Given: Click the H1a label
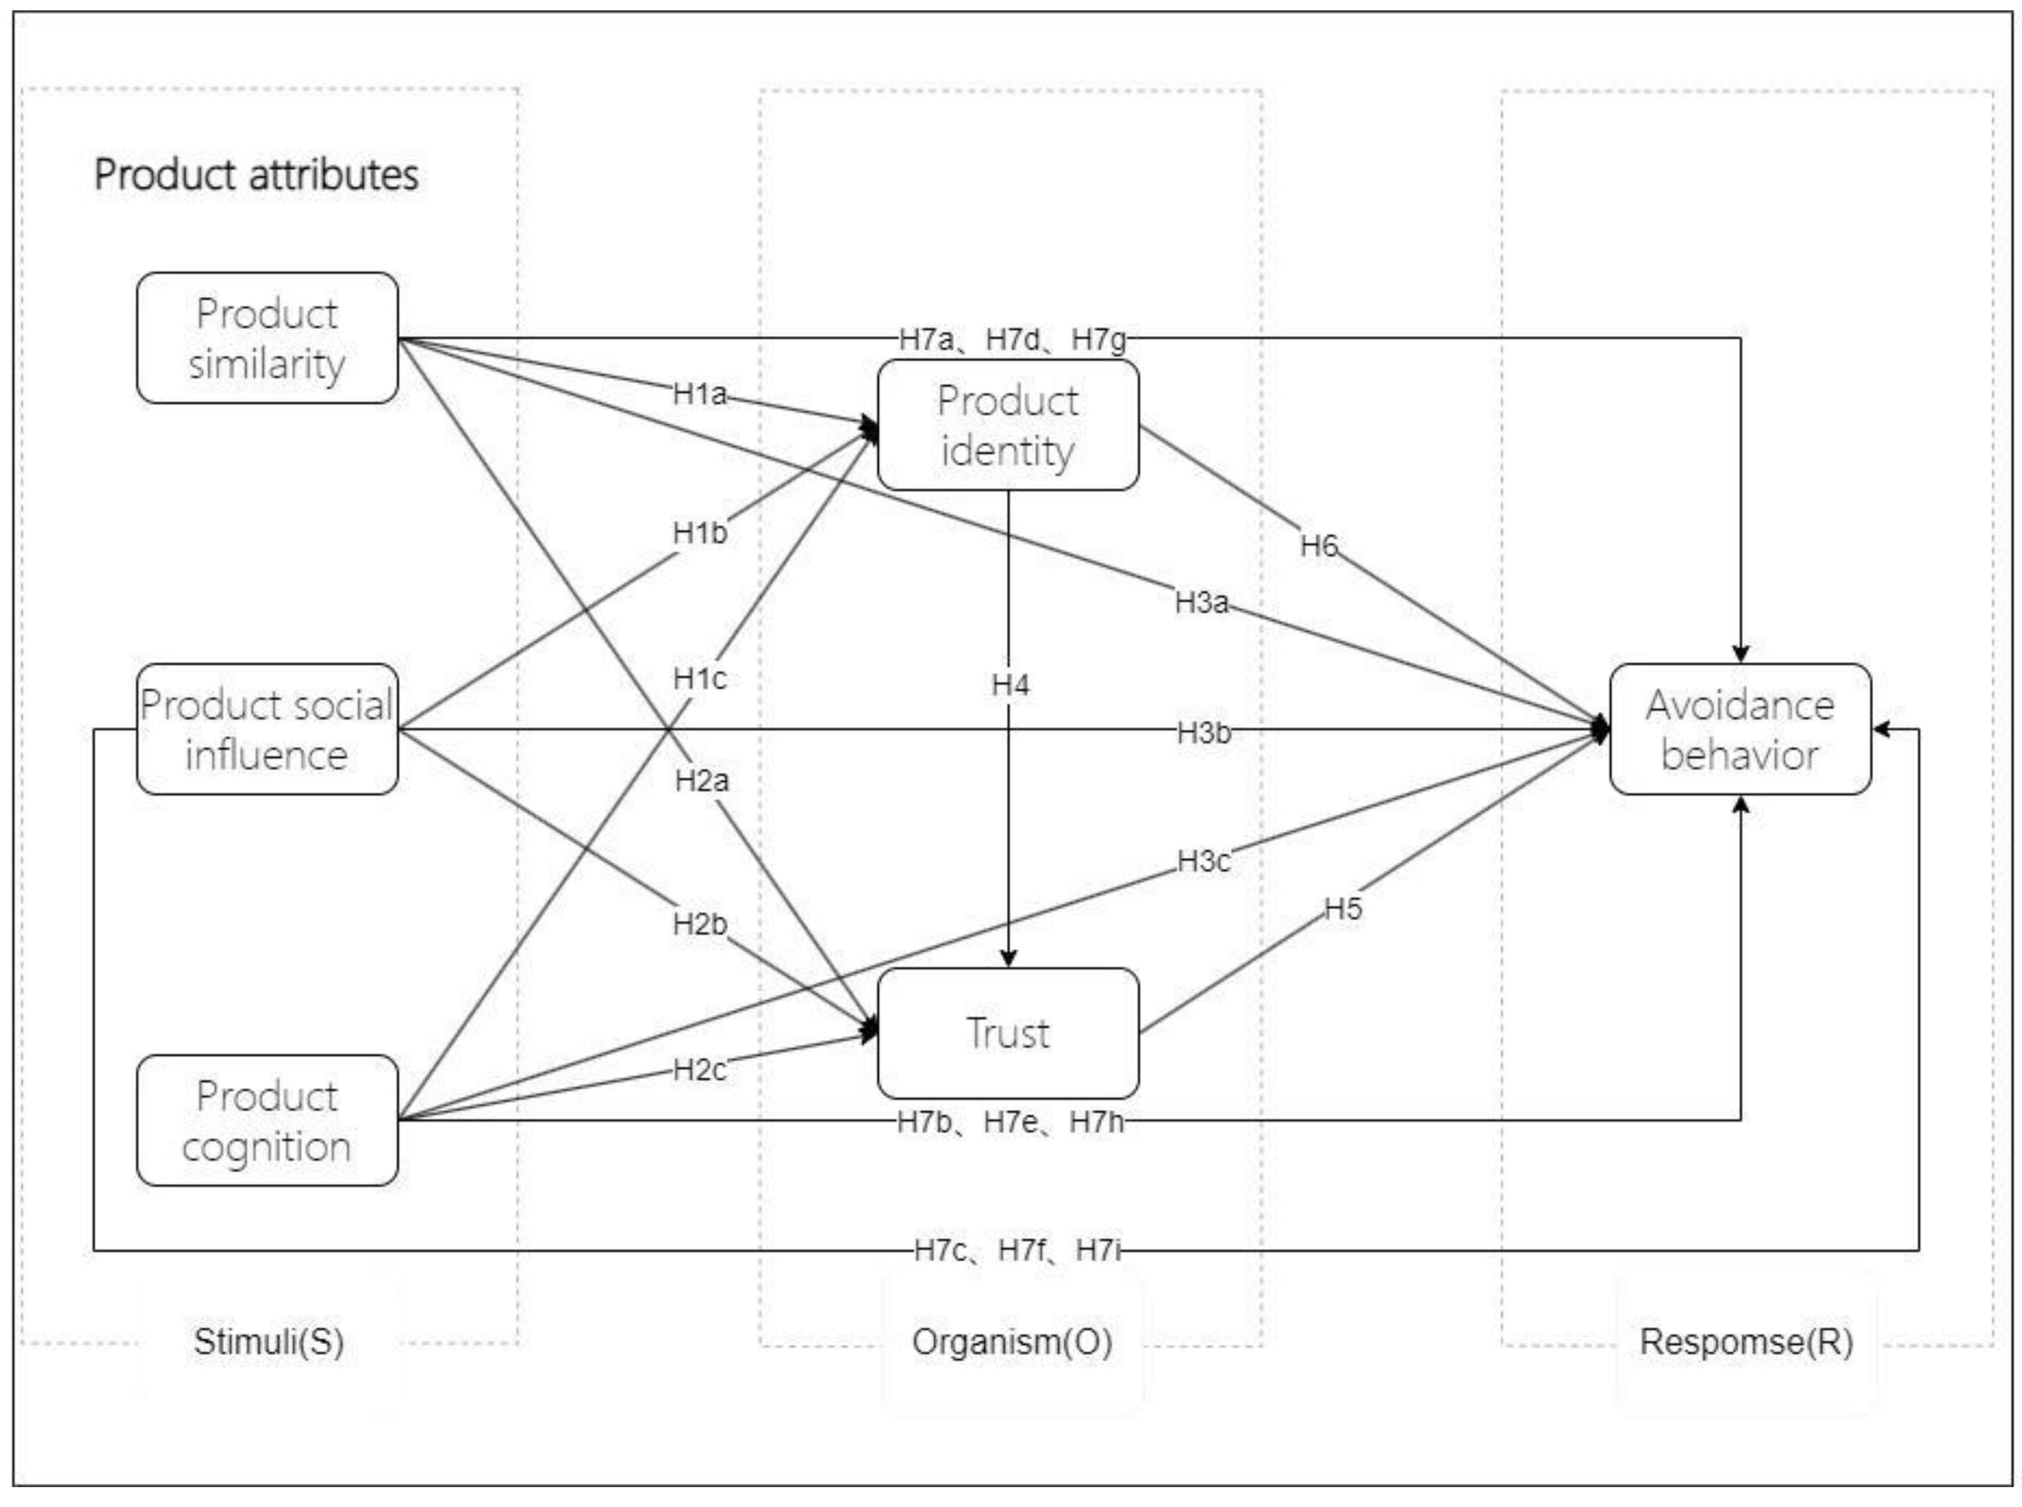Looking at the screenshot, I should tap(700, 394).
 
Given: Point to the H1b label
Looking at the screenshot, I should tap(700, 533).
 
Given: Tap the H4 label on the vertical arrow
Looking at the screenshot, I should tap(1009, 684).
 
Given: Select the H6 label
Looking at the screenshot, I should tap(1318, 546).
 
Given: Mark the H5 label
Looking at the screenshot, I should tap(1342, 909).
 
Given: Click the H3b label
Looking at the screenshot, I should tap(1203, 732).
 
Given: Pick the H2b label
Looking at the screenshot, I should tap(700, 924).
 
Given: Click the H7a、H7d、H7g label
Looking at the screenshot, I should tap(1013, 339).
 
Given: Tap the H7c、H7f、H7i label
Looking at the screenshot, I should tap(1017, 1250).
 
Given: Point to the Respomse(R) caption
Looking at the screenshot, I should tap(1746, 1342).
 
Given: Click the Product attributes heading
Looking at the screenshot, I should tap(257, 174).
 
